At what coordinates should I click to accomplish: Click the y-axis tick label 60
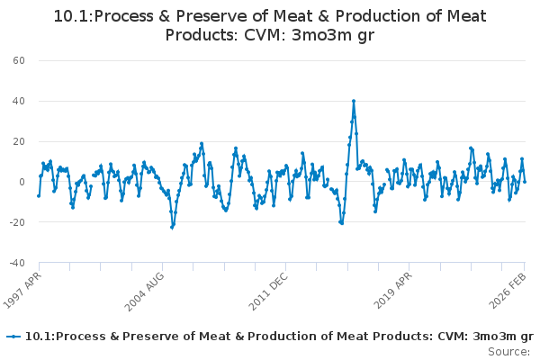(x=18, y=60)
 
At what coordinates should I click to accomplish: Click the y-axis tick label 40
(x=18, y=101)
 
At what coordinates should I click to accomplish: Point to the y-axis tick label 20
(x=18, y=141)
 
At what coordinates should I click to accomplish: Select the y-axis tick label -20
(x=16, y=222)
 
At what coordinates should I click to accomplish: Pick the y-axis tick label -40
(x=16, y=263)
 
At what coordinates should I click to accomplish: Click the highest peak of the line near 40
(x=354, y=101)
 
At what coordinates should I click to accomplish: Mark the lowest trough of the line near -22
(x=172, y=227)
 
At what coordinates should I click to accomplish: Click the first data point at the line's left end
(x=39, y=195)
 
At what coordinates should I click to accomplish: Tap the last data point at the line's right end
(x=525, y=182)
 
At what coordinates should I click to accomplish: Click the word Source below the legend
(x=510, y=351)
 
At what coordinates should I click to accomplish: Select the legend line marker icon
(x=13, y=337)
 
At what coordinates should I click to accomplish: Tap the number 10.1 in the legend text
(x=38, y=337)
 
